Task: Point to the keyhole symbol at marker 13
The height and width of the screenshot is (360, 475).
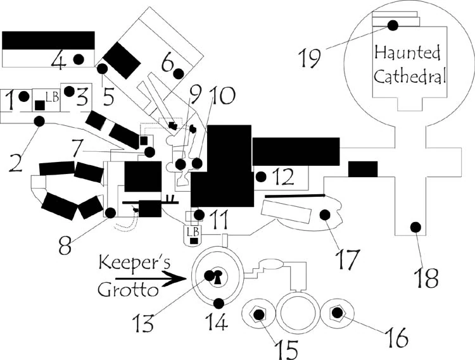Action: point(215,277)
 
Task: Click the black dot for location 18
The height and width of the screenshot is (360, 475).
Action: point(416,226)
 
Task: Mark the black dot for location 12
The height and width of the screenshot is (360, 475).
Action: point(260,176)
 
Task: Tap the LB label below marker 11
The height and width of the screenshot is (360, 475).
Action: point(193,232)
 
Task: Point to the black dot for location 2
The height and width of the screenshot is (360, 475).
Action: point(39,120)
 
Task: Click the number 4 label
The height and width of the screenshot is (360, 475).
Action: point(58,62)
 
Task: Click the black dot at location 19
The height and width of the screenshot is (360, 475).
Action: point(393,25)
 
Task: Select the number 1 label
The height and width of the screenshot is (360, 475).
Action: point(8,99)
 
